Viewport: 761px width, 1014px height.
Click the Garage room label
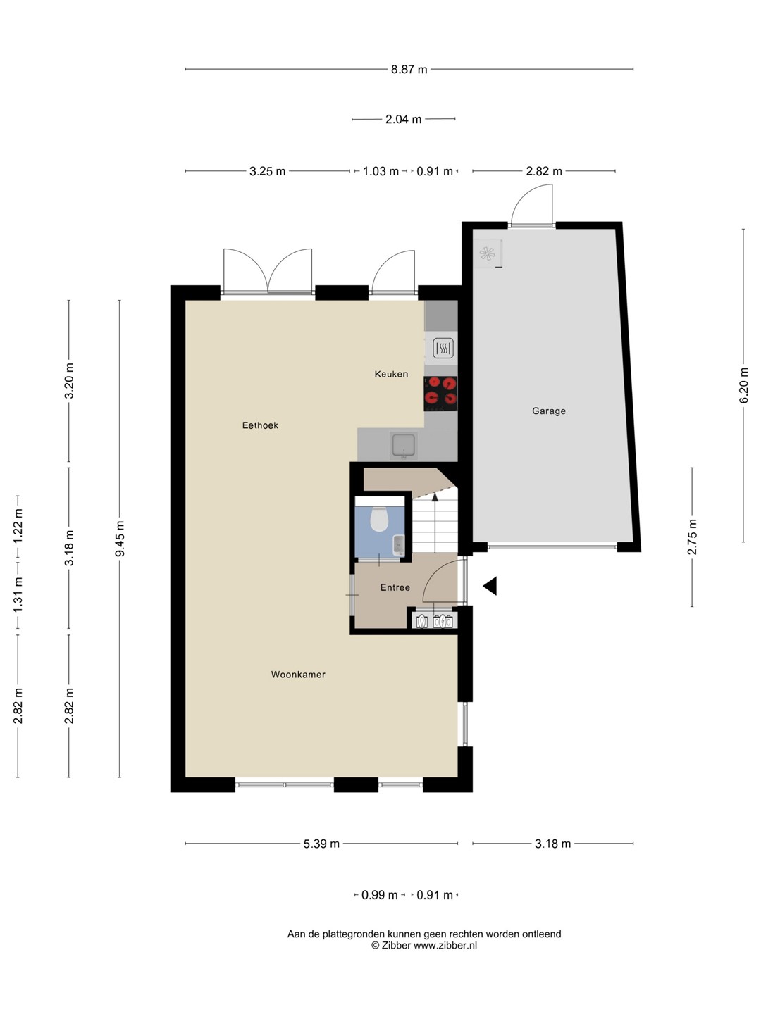(548, 411)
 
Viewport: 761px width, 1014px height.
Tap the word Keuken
(391, 374)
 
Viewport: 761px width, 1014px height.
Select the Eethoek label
(260, 425)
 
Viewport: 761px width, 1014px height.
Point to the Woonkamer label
(298, 675)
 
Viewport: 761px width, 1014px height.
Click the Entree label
(395, 587)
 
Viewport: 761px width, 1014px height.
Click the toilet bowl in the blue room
(379, 519)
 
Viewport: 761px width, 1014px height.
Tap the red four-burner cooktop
(441, 394)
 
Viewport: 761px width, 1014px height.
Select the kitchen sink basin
(404, 445)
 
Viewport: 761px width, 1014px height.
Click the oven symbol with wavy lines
(443, 349)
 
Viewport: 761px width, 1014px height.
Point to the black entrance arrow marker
(490, 586)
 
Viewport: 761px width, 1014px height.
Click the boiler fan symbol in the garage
(486, 254)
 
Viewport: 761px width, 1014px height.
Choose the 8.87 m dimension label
(409, 69)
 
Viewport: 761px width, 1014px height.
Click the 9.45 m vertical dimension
(120, 539)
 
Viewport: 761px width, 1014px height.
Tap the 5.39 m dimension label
(321, 844)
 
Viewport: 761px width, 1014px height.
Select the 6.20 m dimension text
(743, 385)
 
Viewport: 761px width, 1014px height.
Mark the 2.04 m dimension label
(403, 119)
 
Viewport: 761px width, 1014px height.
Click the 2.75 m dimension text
(692, 537)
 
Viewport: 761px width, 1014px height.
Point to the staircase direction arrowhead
(435, 496)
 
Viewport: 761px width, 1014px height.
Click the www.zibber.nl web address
(445, 945)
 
